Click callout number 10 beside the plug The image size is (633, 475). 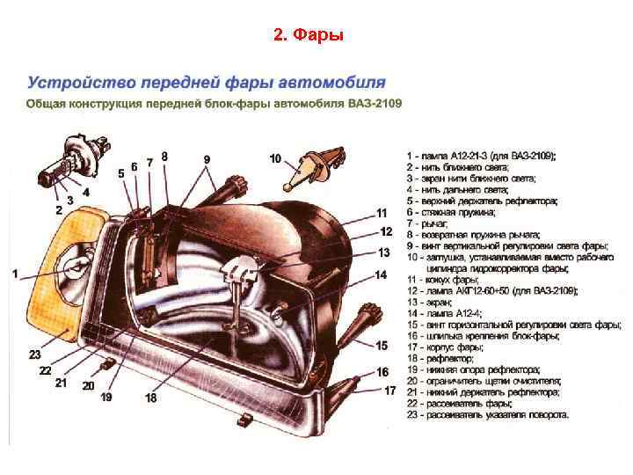pyautogui.click(x=275, y=159)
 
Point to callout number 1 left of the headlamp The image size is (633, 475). pyautogui.click(x=15, y=274)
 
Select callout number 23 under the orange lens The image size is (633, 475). pyautogui.click(x=34, y=354)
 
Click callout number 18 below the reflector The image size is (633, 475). pyautogui.click(x=151, y=398)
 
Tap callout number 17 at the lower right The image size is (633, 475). pyautogui.click(x=389, y=391)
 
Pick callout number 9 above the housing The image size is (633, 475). pyautogui.click(x=207, y=159)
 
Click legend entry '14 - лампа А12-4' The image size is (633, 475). pyautogui.click(x=447, y=313)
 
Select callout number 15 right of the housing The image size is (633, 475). pyautogui.click(x=382, y=346)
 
